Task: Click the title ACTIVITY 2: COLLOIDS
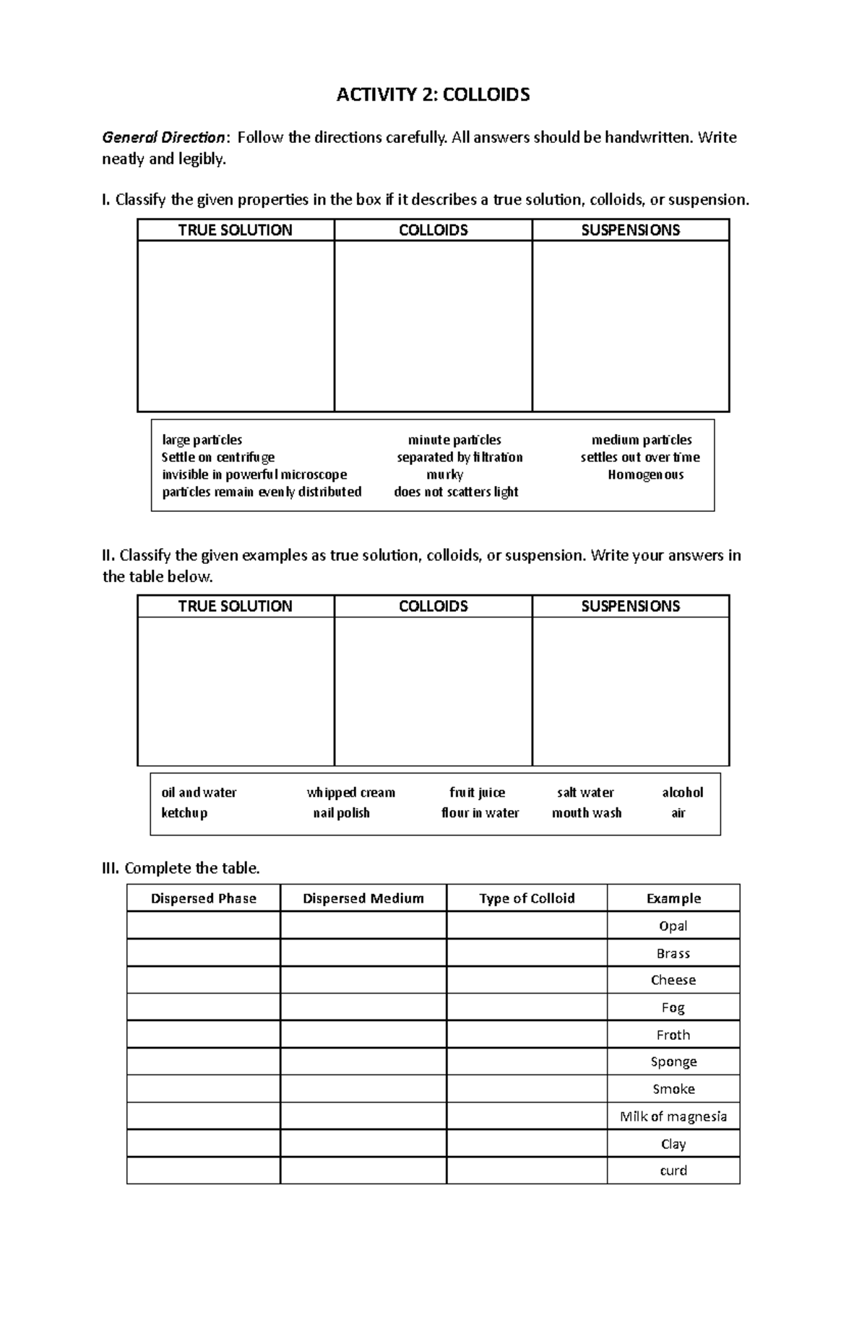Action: pos(433,95)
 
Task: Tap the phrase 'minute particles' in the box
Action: pos(454,440)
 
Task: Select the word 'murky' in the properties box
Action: pos(444,474)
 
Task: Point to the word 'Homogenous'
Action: pos(645,474)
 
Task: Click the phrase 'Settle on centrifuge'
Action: pos(217,457)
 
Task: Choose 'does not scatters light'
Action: pos(456,492)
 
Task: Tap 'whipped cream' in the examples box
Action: pos(350,792)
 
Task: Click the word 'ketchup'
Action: pos(184,812)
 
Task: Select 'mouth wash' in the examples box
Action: pos(586,812)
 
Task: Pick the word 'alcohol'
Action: pos(682,792)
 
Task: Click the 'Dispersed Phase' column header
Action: pos(203,898)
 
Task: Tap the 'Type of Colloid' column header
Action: pos(526,898)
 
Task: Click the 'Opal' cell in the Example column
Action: pos(673,926)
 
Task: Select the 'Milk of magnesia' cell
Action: pos(673,1116)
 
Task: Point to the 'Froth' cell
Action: pos(673,1035)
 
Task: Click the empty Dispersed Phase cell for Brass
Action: pos(203,953)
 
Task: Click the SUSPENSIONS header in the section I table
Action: pos(630,230)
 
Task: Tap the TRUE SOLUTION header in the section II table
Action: pos(235,607)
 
